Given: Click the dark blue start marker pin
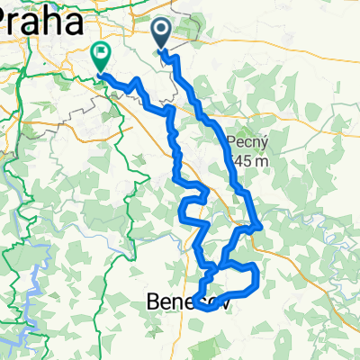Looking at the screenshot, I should [x=162, y=35].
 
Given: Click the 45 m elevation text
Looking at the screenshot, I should [x=245, y=160].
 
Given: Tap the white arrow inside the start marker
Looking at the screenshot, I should [x=162, y=33].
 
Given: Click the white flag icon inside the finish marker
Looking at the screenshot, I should [x=99, y=55].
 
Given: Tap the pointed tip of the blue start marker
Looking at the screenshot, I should [x=162, y=51].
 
